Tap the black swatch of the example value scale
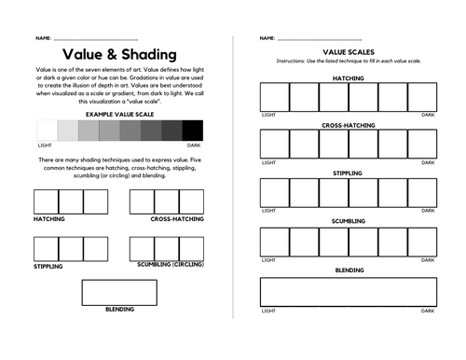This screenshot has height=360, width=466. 193,131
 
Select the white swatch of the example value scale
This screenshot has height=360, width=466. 47,131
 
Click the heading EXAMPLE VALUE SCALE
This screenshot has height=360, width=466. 118,114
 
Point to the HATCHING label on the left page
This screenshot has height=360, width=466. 49,219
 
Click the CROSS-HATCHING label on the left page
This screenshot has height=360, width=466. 177,219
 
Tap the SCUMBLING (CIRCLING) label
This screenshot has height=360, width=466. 171,266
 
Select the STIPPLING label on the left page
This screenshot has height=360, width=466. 48,266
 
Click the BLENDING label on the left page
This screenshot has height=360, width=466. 119,309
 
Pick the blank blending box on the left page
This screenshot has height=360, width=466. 119,292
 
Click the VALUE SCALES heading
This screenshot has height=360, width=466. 348,53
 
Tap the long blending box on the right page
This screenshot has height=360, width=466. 348,292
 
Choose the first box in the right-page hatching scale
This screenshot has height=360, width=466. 274,97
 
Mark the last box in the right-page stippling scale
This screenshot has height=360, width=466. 421,193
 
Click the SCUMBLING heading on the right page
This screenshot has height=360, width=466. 348,221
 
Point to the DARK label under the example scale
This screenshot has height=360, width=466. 193,145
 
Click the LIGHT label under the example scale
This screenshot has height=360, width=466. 45,145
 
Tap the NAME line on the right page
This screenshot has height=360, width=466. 322,38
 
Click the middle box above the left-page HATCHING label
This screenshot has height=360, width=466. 71,201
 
